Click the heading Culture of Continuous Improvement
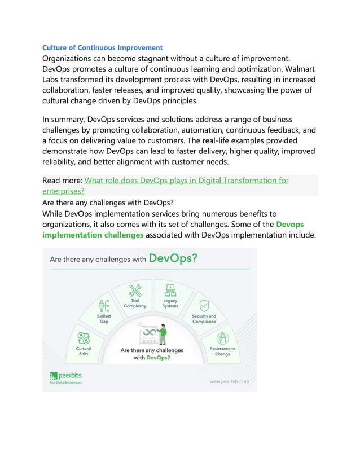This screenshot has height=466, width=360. [x=103, y=47]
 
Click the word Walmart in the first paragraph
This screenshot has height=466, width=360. [x=297, y=69]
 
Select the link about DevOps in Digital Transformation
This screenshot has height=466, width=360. [x=186, y=181]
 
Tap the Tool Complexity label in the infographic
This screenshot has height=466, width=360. [x=135, y=304]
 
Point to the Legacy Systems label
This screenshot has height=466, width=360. [x=170, y=304]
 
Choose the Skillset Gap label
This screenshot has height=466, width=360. [x=103, y=319]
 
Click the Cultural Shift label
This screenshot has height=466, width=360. [x=84, y=351]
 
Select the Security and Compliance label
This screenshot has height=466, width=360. [x=204, y=319]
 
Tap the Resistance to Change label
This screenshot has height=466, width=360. [x=222, y=351]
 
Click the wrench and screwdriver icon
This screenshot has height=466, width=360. [x=135, y=290]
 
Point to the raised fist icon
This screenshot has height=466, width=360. [x=222, y=338]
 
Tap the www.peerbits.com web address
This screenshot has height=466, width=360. [x=229, y=381]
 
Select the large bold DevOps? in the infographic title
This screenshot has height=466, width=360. [x=173, y=259]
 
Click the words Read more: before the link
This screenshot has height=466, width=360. [x=63, y=181]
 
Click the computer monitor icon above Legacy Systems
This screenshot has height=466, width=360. [x=169, y=290]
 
